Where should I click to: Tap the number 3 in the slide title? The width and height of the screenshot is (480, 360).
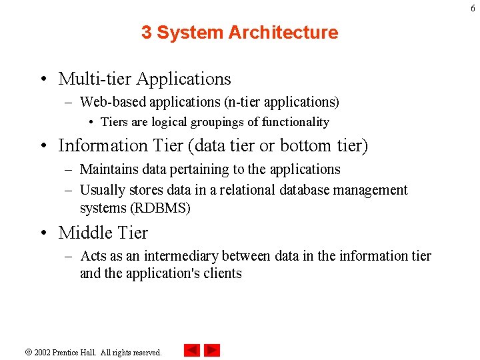pos(146,33)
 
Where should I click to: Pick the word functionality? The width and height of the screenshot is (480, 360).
pos(295,122)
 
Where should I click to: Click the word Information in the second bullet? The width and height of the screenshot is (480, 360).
pos(103,145)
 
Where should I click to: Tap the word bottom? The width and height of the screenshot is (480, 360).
pos(309,145)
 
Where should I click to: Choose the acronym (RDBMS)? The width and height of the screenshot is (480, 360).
pos(161,208)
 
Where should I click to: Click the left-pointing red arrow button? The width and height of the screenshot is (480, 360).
pos(192,350)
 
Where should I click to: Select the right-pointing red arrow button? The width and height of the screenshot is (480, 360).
pos(212,350)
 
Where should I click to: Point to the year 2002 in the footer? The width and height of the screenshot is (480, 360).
pos(43,352)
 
